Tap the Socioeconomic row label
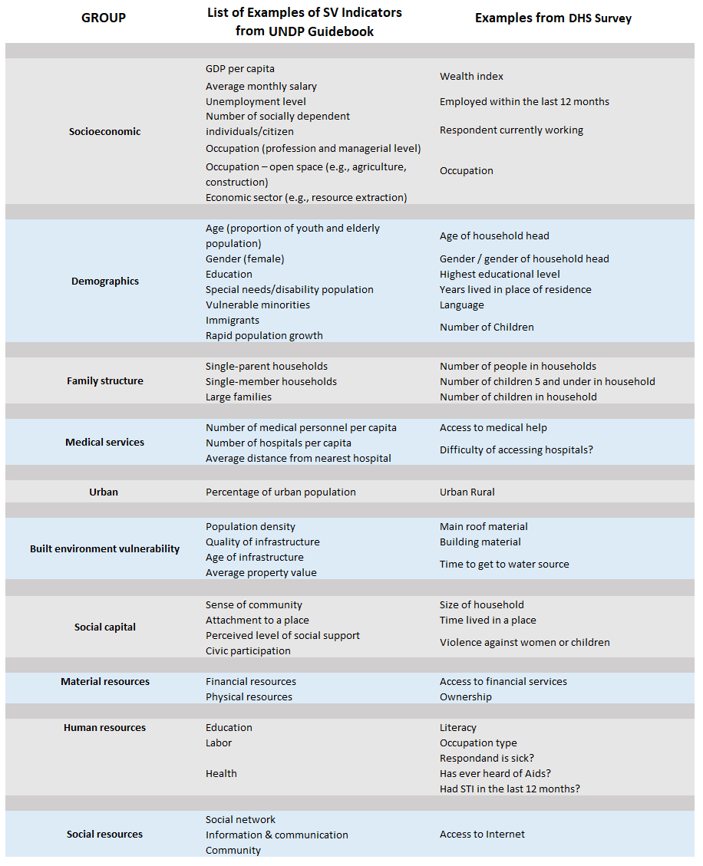coord(105,131)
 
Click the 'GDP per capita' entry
coord(239,69)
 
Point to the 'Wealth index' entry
coord(471,77)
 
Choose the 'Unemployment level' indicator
coord(256,101)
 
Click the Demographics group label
coord(105,282)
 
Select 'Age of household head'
coord(494,236)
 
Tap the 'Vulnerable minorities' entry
coord(257,305)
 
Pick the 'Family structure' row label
coord(105,381)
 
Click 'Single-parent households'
coord(266,366)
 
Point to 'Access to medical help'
coord(493,427)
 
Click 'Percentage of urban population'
coord(280,492)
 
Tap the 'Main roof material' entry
coord(484,526)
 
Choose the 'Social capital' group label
coord(105,627)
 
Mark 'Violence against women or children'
coord(524,643)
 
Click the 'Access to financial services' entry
coord(503,681)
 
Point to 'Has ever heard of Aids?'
coord(495,773)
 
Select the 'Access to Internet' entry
coord(482,834)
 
